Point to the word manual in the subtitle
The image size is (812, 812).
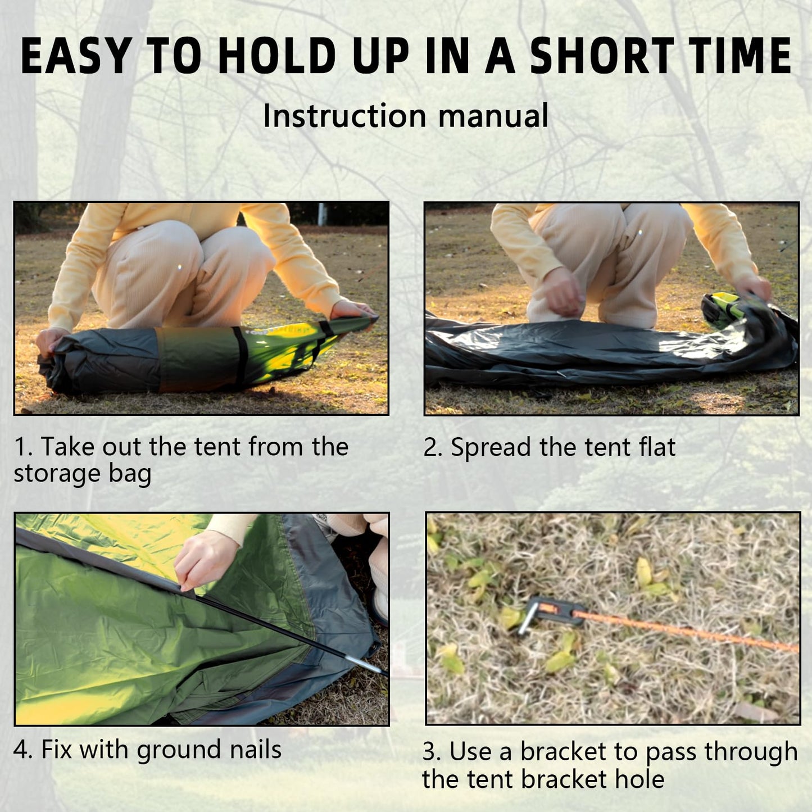click(x=493, y=115)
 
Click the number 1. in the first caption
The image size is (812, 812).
click(x=24, y=447)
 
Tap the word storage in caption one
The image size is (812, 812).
click(x=57, y=474)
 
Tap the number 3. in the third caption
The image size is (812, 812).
click(x=432, y=752)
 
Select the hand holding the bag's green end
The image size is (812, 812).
click(x=352, y=311)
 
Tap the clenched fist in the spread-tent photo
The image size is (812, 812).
click(x=560, y=291)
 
